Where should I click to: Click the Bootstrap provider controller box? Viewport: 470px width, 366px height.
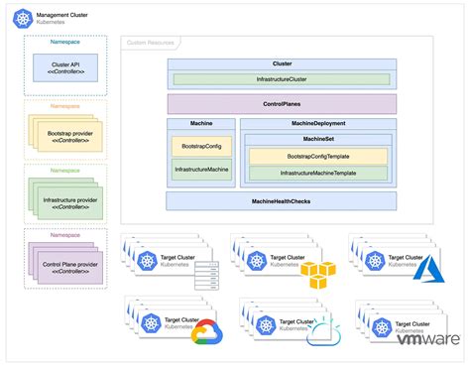click(67, 135)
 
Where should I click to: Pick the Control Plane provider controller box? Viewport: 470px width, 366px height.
click(67, 268)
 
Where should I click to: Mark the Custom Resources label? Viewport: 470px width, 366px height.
click(148, 44)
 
